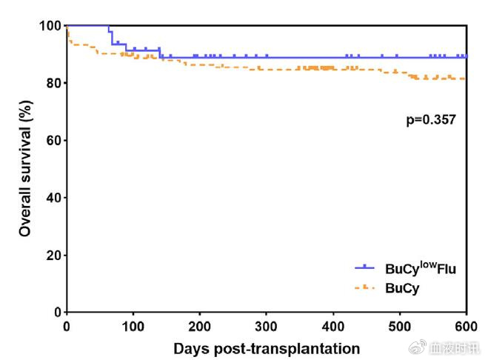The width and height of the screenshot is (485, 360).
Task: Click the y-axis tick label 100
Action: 49,26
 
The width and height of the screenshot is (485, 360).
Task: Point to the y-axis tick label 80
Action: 52,83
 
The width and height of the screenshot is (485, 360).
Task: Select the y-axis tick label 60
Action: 52,140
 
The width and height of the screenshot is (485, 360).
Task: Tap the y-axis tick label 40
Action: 52,198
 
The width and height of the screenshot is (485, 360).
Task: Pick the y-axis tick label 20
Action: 52,255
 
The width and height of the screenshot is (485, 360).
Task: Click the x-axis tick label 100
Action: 133,327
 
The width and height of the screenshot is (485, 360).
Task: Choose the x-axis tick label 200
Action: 199,327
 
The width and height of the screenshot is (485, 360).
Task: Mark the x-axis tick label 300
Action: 266,327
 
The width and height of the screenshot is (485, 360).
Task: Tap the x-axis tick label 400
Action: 332,327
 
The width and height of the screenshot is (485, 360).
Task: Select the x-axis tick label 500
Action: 399,327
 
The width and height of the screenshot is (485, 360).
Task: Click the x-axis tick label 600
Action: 466,327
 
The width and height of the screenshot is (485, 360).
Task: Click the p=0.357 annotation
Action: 426,118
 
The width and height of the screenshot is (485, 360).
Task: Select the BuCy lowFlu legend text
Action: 419,267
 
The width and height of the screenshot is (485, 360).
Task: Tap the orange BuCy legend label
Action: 401,289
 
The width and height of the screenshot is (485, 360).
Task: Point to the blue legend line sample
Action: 366,267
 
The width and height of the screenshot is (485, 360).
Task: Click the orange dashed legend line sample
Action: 366,288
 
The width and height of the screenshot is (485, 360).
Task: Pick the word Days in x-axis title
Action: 191,347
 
